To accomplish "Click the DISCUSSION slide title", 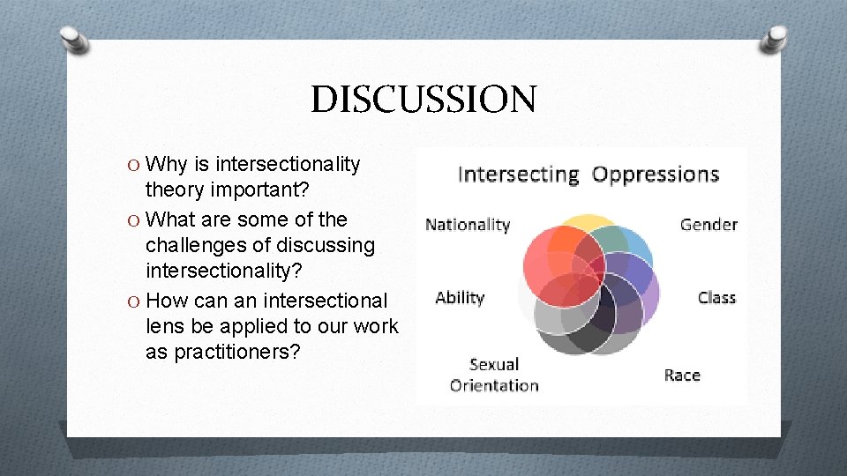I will coord(423,99).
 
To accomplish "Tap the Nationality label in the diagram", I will coord(468,225).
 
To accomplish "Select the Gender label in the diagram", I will coord(708,225).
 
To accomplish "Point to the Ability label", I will coord(460,298).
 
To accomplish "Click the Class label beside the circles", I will coord(716,298).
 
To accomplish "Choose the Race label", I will coord(682,376).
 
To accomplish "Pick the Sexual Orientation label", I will coord(494,375).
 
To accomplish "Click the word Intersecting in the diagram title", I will coord(518,175).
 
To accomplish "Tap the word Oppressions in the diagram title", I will coord(656,175).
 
